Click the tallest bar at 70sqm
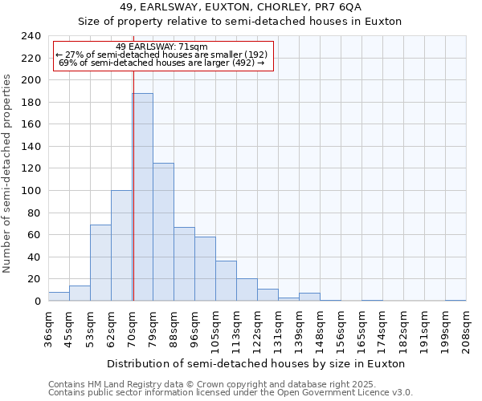[143, 197]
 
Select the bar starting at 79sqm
[163, 232]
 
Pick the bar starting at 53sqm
[100, 263]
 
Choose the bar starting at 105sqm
[226, 281]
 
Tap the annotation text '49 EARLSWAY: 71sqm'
[161, 47]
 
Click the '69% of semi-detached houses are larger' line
[161, 63]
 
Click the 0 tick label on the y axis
[38, 302]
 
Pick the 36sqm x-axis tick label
[48, 330]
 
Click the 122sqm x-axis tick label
[257, 330]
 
